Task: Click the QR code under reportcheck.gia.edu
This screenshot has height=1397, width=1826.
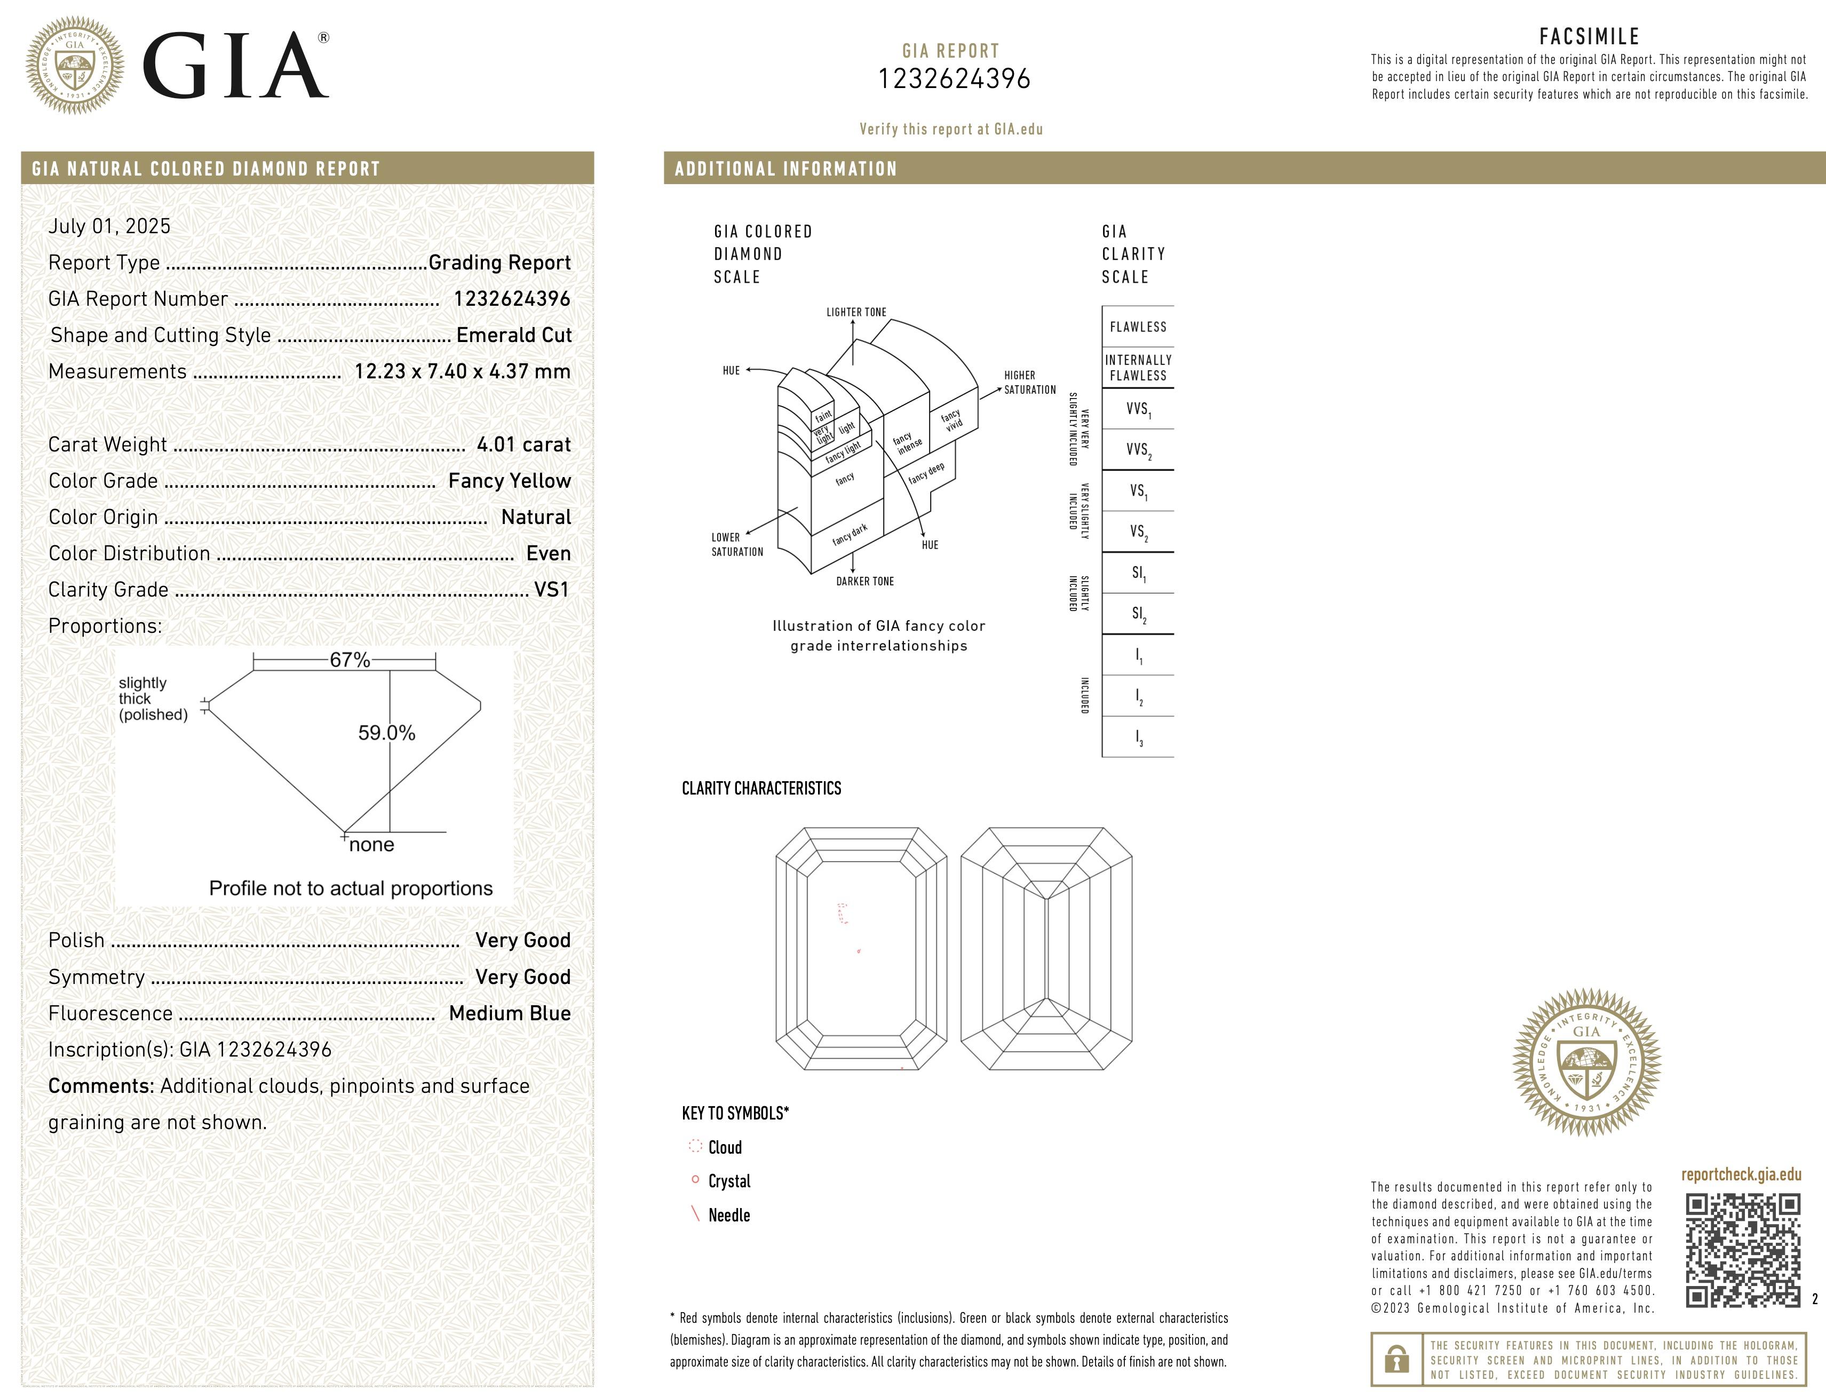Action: pyautogui.click(x=1742, y=1250)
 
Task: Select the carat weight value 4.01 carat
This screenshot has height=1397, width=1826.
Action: pyautogui.click(x=523, y=445)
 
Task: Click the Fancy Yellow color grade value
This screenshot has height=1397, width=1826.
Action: pyautogui.click(x=509, y=481)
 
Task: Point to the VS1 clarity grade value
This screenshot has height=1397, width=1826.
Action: pyautogui.click(x=551, y=590)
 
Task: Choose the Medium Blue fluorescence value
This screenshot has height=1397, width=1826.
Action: pyautogui.click(x=509, y=1013)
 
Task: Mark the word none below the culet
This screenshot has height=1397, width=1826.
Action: pyautogui.click(x=372, y=845)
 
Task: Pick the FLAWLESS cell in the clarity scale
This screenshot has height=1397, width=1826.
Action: pyautogui.click(x=1138, y=327)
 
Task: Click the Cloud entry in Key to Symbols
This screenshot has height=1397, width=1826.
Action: pyautogui.click(x=724, y=1147)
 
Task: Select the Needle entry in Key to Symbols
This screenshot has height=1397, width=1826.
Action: pyautogui.click(x=728, y=1215)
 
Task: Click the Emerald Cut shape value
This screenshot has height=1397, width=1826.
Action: pyautogui.click(x=513, y=335)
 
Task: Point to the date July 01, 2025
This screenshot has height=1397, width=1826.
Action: pyautogui.click(x=109, y=226)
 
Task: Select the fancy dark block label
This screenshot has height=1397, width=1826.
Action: pyautogui.click(x=849, y=535)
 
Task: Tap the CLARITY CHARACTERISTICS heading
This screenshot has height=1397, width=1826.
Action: pyautogui.click(x=761, y=788)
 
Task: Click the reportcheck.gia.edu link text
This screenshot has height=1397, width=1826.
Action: pyautogui.click(x=1740, y=1175)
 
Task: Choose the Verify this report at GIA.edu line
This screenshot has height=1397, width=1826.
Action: pyautogui.click(x=950, y=129)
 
